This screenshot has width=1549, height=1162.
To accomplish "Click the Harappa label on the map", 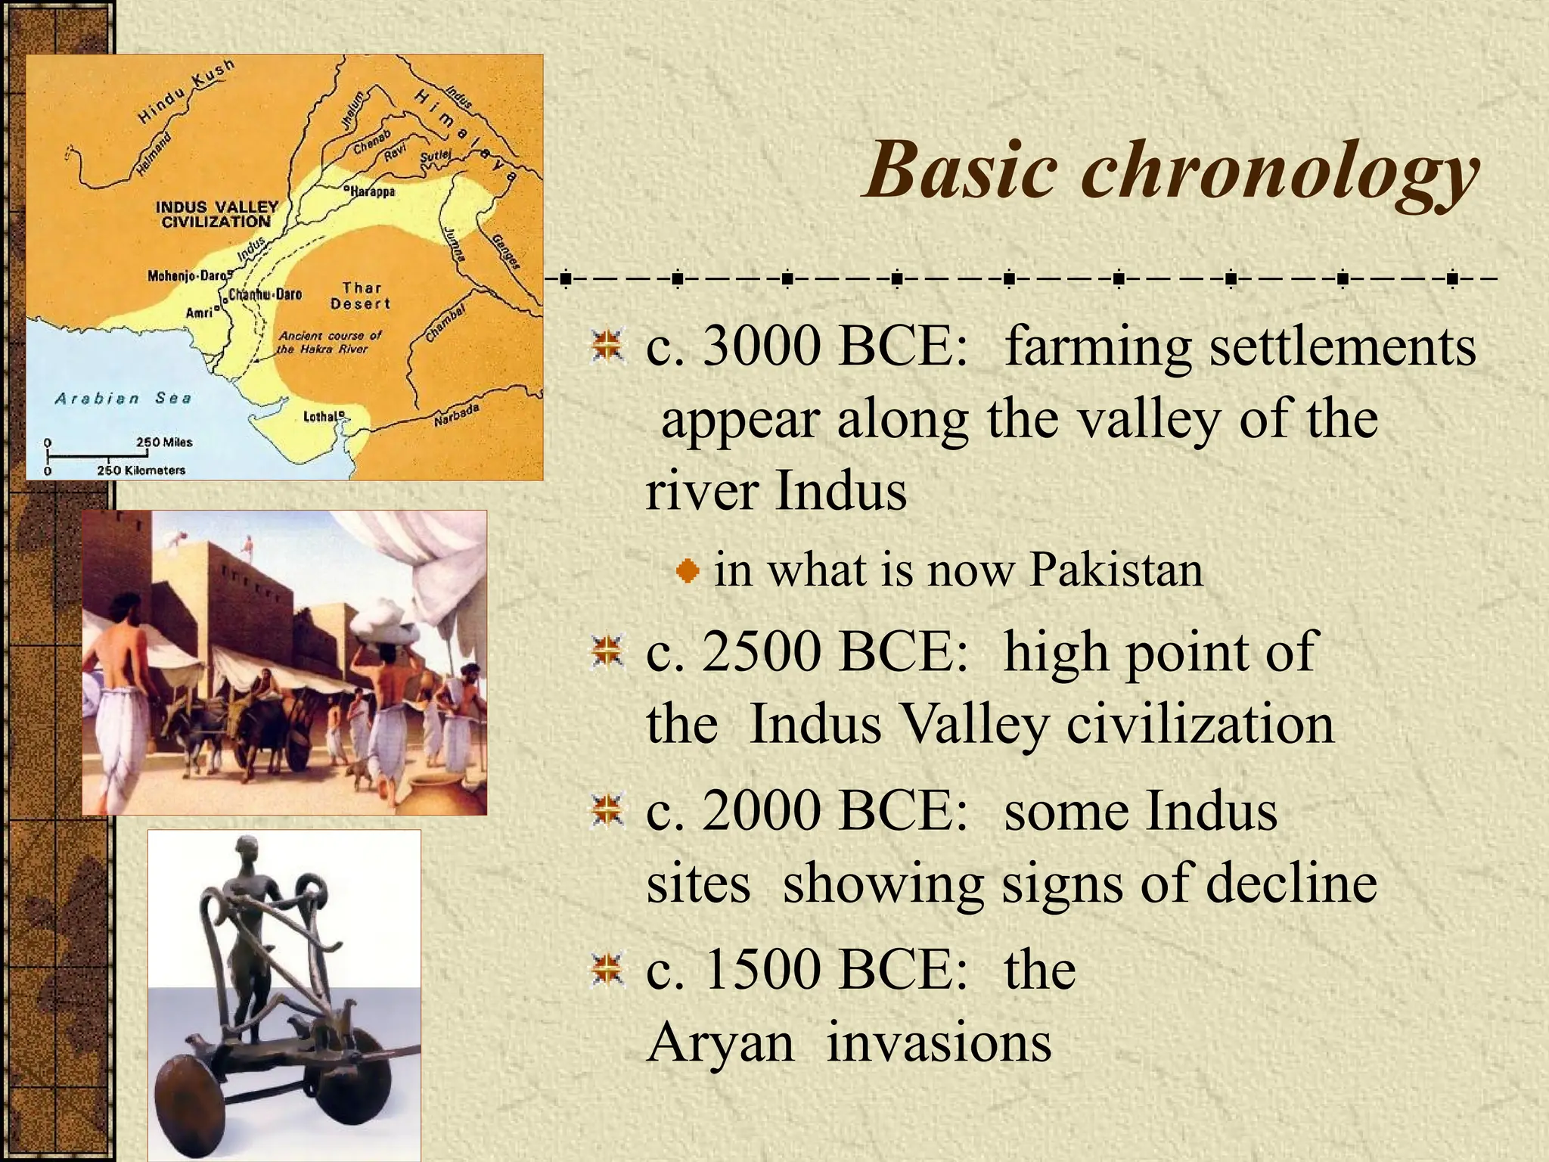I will point(372,191).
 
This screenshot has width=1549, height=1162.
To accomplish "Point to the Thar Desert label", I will point(361,296).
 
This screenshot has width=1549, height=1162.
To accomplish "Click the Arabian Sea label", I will point(123,398).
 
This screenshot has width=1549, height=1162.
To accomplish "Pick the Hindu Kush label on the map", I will point(186,92).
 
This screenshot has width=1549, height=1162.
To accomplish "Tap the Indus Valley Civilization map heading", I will point(217,214).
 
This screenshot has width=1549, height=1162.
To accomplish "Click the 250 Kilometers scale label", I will point(141,470).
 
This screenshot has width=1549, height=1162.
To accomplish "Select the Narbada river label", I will point(457,415).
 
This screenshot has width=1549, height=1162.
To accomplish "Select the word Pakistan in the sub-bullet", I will point(1116,570).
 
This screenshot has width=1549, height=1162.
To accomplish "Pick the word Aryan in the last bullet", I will point(720,1042).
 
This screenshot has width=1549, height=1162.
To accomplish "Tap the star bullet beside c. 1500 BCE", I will point(607,970).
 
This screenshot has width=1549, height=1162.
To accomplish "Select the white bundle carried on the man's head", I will point(385,620).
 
